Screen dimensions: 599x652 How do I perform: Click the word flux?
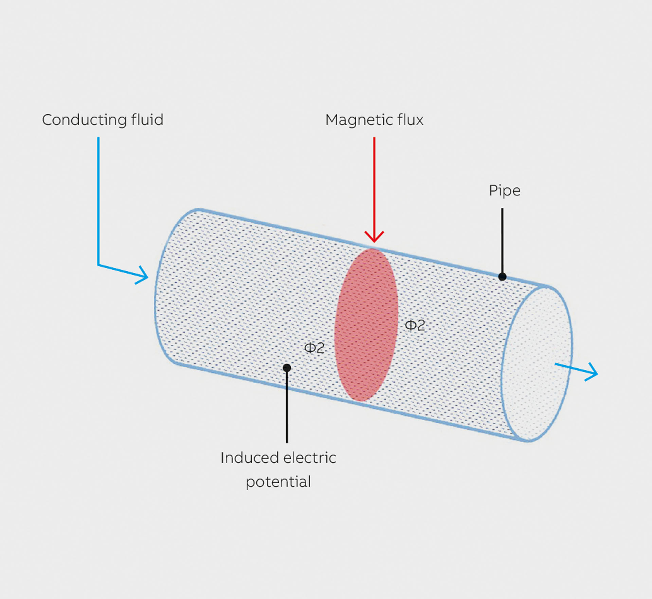(411, 120)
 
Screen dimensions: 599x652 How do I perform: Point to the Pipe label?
(504, 191)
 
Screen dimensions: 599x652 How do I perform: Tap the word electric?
(309, 458)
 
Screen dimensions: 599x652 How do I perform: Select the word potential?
(278, 482)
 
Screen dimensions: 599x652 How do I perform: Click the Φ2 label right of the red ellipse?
(415, 325)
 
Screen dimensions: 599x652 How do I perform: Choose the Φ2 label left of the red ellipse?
(314, 348)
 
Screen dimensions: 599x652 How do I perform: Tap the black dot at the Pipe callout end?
(502, 277)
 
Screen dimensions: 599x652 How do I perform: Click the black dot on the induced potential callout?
(287, 368)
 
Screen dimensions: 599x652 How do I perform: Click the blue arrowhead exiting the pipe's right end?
(593, 372)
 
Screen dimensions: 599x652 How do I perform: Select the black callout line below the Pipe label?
(502, 241)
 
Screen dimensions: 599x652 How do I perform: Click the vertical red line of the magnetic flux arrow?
(374, 183)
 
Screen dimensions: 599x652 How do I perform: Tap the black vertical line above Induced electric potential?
(287, 407)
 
